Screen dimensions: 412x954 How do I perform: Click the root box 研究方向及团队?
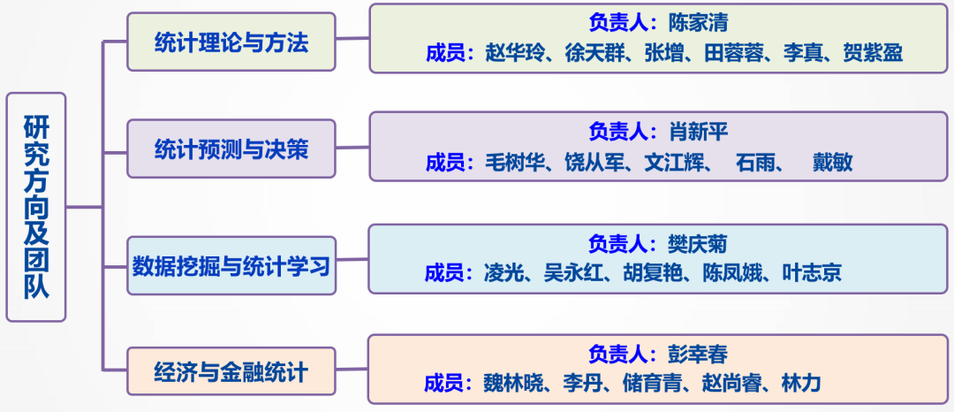pos(36,206)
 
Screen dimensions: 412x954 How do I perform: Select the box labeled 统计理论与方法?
pos(231,42)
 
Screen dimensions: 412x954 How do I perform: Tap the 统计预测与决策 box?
pos(231,149)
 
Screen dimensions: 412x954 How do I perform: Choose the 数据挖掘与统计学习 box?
pos(231,264)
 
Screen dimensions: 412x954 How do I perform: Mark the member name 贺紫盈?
pos(874,53)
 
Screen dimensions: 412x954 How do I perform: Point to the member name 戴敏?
pos(832,163)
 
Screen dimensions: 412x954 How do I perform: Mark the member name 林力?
pos(801,384)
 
